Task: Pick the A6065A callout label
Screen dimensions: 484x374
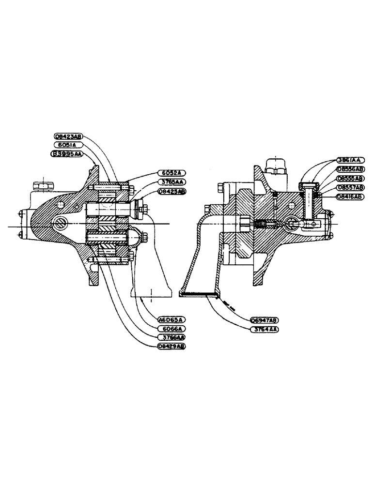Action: tap(171, 319)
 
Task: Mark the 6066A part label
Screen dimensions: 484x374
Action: tap(171, 328)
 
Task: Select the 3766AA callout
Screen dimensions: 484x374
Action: tap(171, 337)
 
